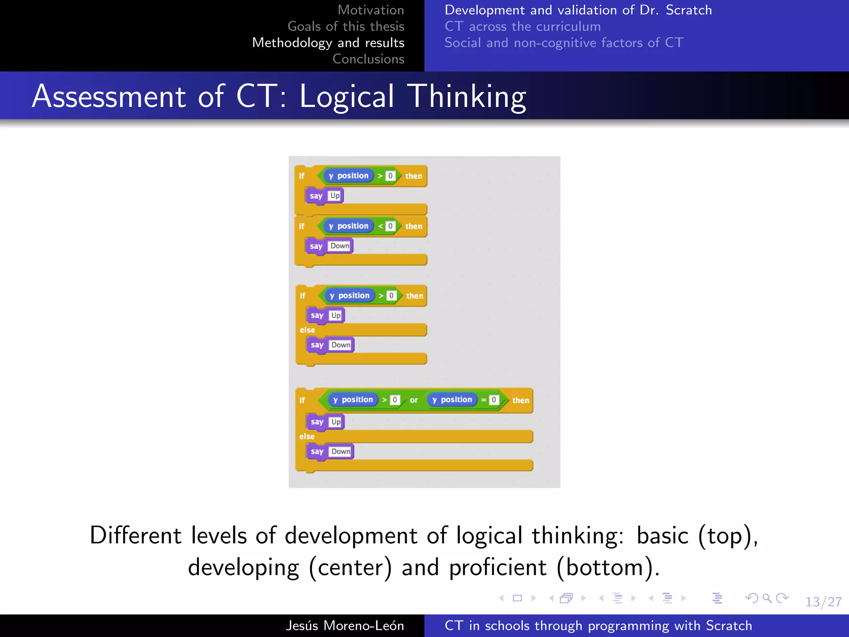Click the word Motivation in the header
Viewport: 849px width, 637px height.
coord(371,10)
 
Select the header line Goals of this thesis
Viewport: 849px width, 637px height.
coord(346,27)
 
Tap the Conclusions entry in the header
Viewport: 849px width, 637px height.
coord(368,59)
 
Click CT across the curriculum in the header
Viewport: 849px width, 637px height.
coord(522,27)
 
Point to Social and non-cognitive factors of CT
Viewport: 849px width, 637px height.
coord(564,43)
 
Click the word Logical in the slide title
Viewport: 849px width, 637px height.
coord(347,97)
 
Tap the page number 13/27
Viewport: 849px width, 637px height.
coord(823,602)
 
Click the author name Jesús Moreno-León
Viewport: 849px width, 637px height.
coord(344,625)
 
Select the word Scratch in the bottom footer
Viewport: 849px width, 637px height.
coord(729,625)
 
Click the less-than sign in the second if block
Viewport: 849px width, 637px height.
coord(380,226)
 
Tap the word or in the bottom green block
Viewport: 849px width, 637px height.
coord(414,400)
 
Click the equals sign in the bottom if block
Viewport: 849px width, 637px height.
coord(483,400)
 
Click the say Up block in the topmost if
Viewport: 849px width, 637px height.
coord(325,196)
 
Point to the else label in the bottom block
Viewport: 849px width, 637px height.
coord(307,436)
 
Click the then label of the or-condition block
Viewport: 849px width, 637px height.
coord(521,400)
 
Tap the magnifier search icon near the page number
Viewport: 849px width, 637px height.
coord(767,598)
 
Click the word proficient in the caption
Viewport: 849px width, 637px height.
coord(497,567)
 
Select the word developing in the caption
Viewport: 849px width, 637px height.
coord(243,567)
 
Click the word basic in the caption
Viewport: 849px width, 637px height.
coord(662,535)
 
